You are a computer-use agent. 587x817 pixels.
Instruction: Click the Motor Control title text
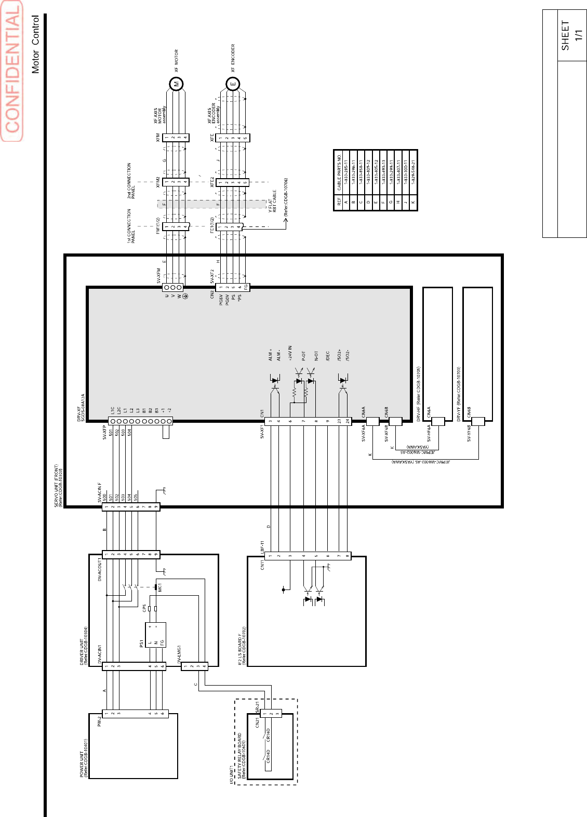[35, 44]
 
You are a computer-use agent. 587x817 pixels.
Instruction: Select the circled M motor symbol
[177, 84]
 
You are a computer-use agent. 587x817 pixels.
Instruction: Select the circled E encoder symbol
[233, 84]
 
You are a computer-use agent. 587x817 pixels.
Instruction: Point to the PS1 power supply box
[155, 635]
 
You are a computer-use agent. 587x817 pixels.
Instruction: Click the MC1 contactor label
[160, 587]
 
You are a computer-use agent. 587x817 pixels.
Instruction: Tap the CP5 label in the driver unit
[144, 607]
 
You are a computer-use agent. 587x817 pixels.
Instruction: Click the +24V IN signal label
[290, 354]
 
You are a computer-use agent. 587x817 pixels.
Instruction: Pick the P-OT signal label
[303, 356]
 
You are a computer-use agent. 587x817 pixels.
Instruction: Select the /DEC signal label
[328, 356]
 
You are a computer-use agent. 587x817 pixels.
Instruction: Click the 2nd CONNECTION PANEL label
[131, 180]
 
